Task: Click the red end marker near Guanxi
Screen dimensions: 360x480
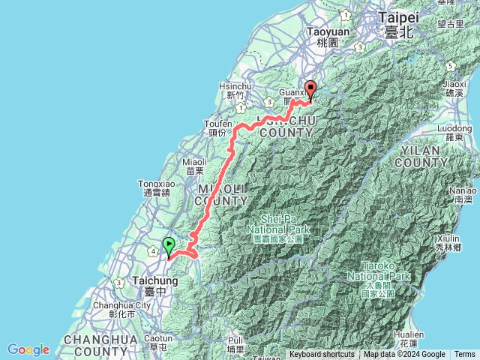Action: pyautogui.click(x=310, y=89)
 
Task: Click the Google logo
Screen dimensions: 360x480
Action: pyautogui.click(x=28, y=349)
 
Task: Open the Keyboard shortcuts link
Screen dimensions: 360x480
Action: pyautogui.click(x=322, y=355)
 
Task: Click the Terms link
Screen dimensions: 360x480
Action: pyautogui.click(x=465, y=355)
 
